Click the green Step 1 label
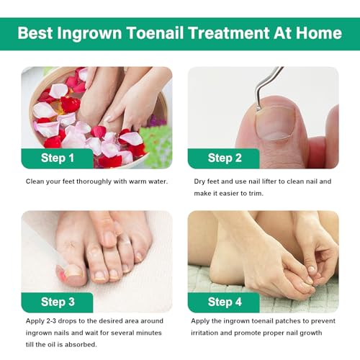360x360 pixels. tap(58, 158)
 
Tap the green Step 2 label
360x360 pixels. tap(224, 158)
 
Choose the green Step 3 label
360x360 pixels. tap(58, 302)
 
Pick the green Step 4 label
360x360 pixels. tap(224, 302)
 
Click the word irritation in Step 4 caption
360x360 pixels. tap(213, 332)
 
